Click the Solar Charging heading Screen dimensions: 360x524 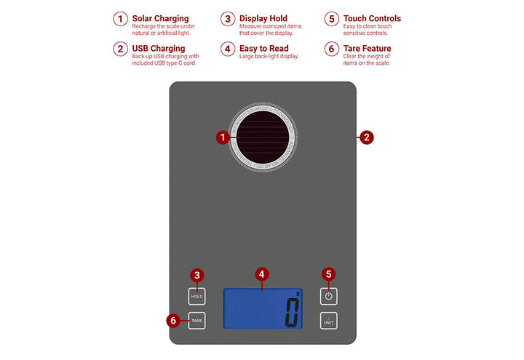coord(160,18)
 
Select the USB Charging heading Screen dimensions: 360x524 coord(158,49)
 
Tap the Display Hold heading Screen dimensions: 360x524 coord(263,18)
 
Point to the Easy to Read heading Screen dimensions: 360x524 coord(263,49)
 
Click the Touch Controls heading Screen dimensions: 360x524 coord(372,18)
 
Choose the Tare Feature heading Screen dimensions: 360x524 coord(367,49)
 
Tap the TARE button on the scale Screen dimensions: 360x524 coord(196,320)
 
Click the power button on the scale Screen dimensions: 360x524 coord(329,296)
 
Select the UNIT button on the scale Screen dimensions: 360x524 coord(329,320)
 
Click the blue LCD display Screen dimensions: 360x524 coord(263,308)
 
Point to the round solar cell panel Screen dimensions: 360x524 coord(261,137)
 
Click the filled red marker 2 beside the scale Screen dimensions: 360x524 coord(367,137)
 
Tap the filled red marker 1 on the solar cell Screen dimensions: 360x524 coord(224,137)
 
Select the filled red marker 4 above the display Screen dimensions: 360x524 coord(263,274)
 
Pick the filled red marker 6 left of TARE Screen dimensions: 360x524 coord(172,320)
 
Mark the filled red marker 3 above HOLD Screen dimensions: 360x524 coord(196,275)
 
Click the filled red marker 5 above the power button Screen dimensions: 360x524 coord(329,274)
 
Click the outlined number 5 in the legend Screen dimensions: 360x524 coord(332,19)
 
